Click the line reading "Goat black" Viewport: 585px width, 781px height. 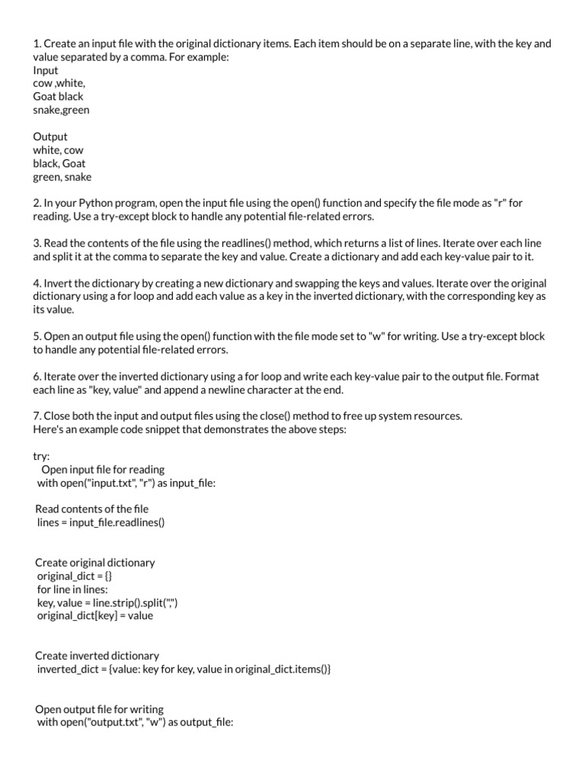pos(58,97)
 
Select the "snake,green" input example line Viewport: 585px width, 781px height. pos(61,110)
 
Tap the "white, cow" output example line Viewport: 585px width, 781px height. pos(58,150)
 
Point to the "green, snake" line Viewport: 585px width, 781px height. pos(62,177)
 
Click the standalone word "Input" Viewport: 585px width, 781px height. pos(46,70)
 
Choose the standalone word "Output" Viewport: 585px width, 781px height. pos(50,137)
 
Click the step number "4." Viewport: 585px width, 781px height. pos(37,284)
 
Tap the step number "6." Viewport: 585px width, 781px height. pos(37,377)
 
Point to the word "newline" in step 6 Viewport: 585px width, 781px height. pos(225,390)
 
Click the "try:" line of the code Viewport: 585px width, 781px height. pos(41,456)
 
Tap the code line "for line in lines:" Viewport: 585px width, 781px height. pos(72,589)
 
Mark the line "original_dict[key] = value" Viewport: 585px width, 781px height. pos(94,615)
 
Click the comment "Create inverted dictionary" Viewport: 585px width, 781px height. pos(97,656)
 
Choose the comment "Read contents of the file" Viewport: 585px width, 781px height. pos(92,509)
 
